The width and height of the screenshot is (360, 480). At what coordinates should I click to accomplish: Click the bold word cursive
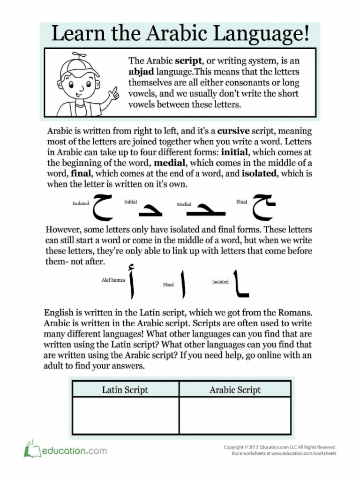pos(233,131)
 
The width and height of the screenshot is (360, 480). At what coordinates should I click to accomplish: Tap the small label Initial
pos(130,202)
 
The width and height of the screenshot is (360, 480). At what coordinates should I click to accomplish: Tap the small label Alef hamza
pos(113,280)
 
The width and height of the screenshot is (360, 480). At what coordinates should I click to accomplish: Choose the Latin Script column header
pos(125,390)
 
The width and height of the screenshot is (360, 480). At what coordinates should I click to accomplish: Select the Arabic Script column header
pos(235,390)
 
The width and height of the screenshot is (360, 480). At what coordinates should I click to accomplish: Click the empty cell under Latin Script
pos(125,415)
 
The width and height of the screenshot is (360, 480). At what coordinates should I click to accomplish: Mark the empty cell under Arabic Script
pos(235,415)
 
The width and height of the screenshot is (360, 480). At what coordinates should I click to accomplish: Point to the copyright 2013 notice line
pos(279,447)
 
